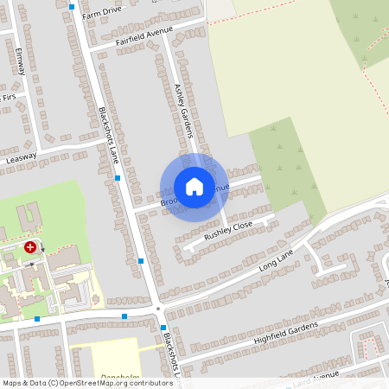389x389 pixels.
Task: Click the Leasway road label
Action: click(x=22, y=158)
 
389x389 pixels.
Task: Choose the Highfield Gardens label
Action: click(x=285, y=332)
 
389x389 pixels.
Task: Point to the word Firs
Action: click(x=9, y=97)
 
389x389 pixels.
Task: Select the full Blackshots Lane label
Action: click(x=109, y=137)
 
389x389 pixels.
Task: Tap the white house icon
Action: click(x=194, y=186)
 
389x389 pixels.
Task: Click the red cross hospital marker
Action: click(x=31, y=246)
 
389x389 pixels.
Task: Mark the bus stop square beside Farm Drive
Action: click(x=71, y=5)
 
